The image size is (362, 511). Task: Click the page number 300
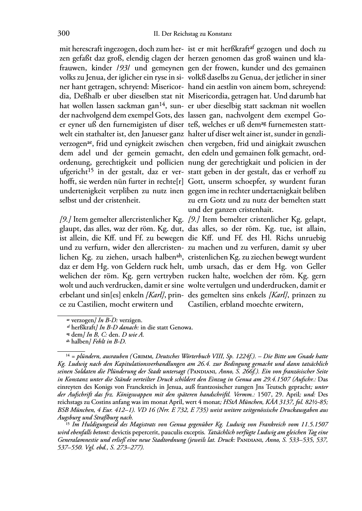coord(63,34)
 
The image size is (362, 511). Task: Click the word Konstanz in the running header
coord(219,34)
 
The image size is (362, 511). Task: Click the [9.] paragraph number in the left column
coord(65,219)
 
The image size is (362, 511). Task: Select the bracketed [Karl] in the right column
coord(278,295)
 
